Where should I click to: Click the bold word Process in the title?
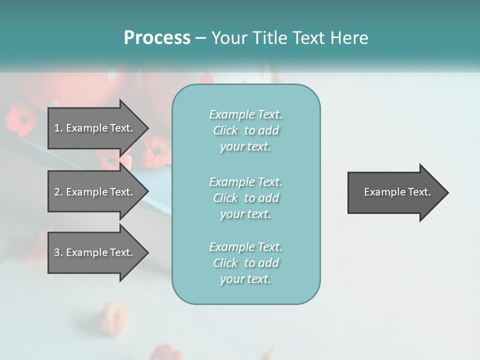[x=157, y=38]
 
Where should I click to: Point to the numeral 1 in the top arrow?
[x=57, y=128]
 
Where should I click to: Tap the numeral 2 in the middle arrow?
[x=57, y=192]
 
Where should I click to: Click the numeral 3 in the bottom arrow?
[x=57, y=252]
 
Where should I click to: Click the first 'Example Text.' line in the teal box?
[x=246, y=114]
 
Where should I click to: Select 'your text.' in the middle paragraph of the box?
[x=245, y=214]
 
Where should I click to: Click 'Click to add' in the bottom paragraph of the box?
[x=246, y=263]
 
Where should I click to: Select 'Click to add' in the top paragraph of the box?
[x=246, y=130]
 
